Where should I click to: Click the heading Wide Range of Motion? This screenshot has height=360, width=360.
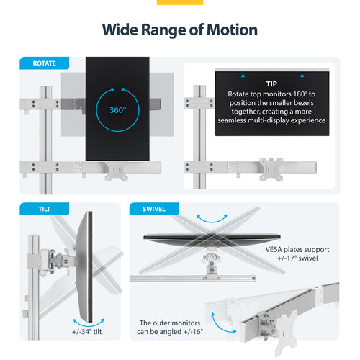coord(180,30)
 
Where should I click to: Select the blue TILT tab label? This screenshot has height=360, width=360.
coord(37,210)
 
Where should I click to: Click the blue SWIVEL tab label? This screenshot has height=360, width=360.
coord(153,210)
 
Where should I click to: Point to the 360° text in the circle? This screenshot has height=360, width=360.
coord(117,110)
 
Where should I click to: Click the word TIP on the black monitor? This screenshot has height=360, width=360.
coord(271,84)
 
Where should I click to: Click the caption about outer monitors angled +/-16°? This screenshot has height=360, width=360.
coord(171,328)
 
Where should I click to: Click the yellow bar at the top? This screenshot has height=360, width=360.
coord(180,2)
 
